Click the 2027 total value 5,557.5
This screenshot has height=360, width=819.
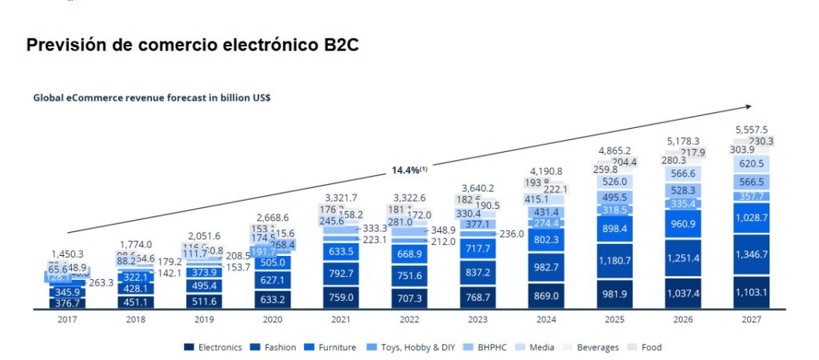tap(751, 129)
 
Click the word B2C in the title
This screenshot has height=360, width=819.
tap(336, 45)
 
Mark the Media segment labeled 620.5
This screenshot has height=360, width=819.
tap(751, 163)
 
